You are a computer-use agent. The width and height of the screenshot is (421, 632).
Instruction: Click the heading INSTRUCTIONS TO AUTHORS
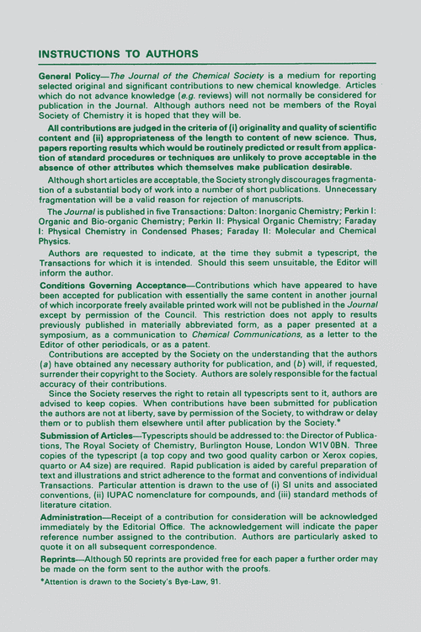click(x=119, y=55)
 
